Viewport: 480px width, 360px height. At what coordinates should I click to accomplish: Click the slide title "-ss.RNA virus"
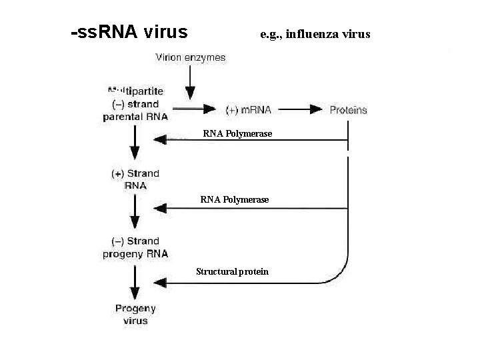click(x=129, y=32)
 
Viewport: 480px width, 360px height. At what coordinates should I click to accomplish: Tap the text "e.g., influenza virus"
click(x=315, y=34)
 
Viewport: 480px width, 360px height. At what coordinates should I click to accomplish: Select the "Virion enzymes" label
click(x=190, y=57)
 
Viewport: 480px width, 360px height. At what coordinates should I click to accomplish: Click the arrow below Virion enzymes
click(x=190, y=84)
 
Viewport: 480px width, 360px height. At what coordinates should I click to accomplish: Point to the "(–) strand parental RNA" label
click(x=135, y=103)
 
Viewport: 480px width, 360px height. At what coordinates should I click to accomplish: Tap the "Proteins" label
click(x=348, y=110)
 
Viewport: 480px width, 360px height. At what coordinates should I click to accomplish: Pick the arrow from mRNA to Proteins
click(x=305, y=109)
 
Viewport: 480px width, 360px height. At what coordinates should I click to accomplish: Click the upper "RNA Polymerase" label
click(x=237, y=134)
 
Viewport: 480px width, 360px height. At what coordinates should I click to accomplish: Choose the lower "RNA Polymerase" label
click(x=235, y=199)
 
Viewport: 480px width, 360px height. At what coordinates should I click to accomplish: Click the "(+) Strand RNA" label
click(x=135, y=179)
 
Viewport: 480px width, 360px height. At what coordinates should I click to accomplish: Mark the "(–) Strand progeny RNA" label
click(x=135, y=247)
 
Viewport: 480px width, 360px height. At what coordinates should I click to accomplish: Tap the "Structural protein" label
click(x=232, y=271)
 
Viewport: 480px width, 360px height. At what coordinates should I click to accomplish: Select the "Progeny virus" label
click(x=135, y=315)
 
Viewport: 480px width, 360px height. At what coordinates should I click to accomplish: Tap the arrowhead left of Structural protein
click(x=160, y=283)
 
